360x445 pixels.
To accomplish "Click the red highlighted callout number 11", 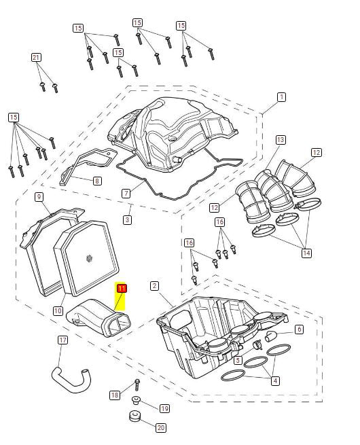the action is pyautogui.click(x=122, y=289).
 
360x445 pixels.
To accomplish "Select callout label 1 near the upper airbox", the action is pyautogui.click(x=281, y=97).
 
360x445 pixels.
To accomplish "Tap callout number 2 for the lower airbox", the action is pyautogui.click(x=154, y=286).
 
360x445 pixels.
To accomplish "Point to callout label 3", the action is pyautogui.click(x=128, y=219).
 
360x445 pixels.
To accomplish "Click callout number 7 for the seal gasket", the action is pyautogui.click(x=126, y=194).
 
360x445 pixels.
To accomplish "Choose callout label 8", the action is pyautogui.click(x=97, y=181).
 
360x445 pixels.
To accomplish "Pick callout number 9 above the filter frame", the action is pyautogui.click(x=39, y=197).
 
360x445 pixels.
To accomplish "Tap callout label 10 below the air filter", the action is pyautogui.click(x=58, y=310).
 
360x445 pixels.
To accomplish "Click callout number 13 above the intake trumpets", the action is pyautogui.click(x=281, y=140).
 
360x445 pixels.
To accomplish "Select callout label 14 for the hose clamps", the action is pyautogui.click(x=306, y=253).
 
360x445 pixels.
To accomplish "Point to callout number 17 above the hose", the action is pyautogui.click(x=62, y=340).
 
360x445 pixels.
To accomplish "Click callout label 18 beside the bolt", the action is pyautogui.click(x=115, y=395).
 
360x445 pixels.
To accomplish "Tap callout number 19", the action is pyautogui.click(x=164, y=409).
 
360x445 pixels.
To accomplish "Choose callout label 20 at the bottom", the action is pyautogui.click(x=161, y=428).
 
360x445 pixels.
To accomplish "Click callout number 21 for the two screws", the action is pyautogui.click(x=36, y=58).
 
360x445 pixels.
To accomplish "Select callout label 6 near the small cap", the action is pyautogui.click(x=299, y=330).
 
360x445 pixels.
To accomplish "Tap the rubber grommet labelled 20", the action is pyautogui.click(x=134, y=416).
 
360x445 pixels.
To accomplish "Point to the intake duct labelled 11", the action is pyautogui.click(x=99, y=317).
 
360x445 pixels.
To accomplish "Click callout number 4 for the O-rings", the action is pyautogui.click(x=275, y=380).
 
